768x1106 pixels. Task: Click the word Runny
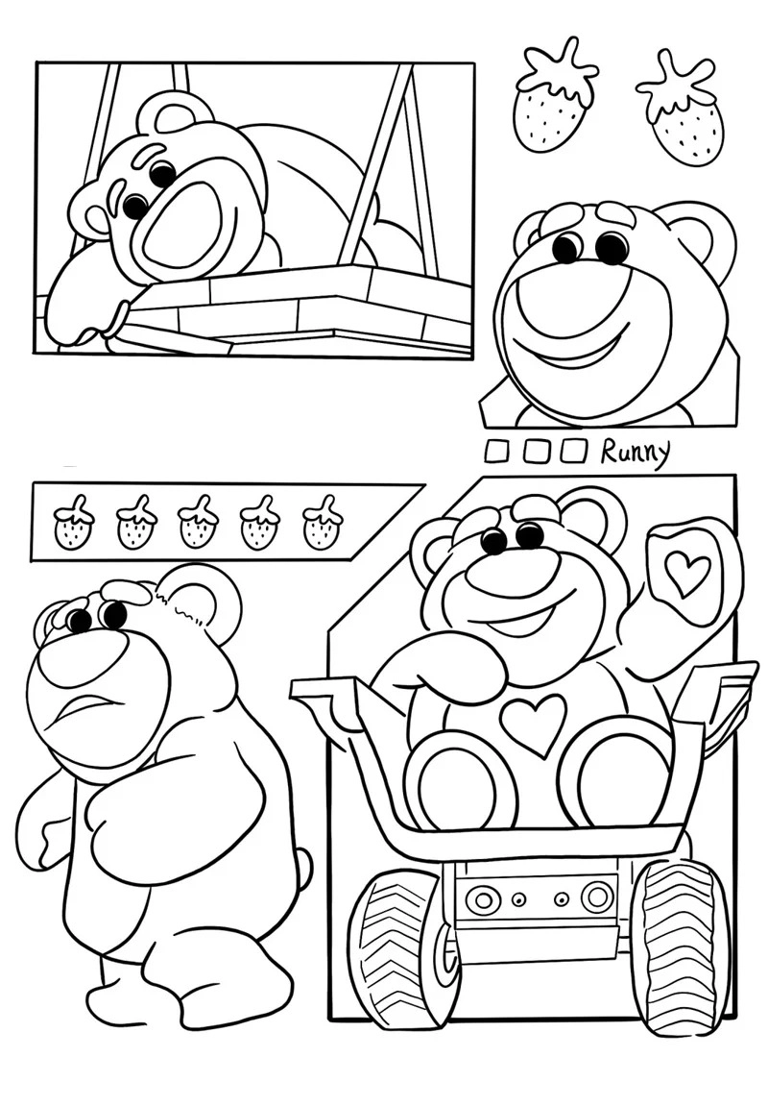point(635,452)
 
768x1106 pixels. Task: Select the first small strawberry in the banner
point(74,525)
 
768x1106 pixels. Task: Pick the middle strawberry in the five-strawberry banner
point(198,525)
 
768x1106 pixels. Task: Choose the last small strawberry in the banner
point(323,525)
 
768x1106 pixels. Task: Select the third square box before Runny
point(573,451)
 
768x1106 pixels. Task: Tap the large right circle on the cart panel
point(597,897)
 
